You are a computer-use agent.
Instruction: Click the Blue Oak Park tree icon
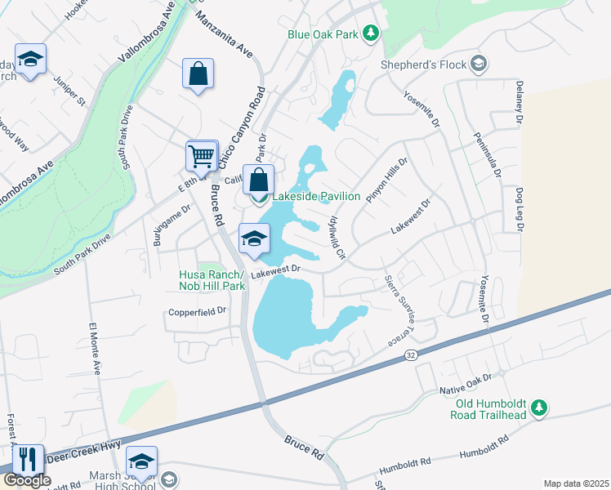[x=372, y=33]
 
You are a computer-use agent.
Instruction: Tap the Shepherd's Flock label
[x=422, y=65]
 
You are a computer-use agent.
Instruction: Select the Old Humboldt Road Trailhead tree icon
[x=538, y=407]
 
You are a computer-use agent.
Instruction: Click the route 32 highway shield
[x=411, y=354]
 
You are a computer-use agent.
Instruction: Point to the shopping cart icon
[x=200, y=154]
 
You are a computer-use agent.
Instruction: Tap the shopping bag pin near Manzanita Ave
[x=198, y=74]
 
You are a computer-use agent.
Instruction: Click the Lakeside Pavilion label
[x=315, y=197]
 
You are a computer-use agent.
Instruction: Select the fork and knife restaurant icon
[x=28, y=459]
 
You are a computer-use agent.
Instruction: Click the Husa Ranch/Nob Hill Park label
[x=212, y=281]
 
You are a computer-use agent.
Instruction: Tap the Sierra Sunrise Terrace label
[x=401, y=309]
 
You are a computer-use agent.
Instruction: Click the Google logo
[x=26, y=480]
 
